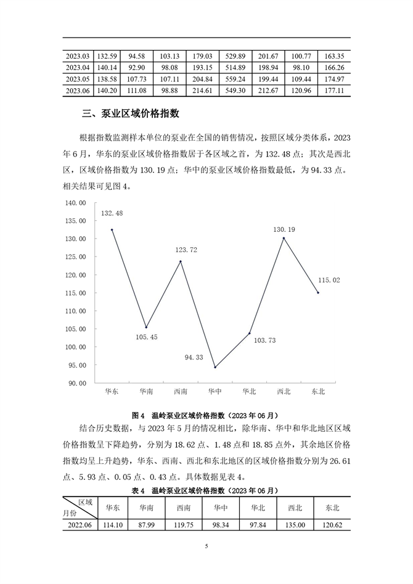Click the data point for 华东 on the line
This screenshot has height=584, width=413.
(x=112, y=229)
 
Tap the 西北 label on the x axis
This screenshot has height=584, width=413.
(x=284, y=391)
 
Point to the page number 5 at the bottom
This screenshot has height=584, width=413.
(x=206, y=546)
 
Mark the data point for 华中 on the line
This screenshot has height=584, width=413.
(x=215, y=367)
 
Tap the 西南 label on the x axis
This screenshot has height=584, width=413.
(x=181, y=391)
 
